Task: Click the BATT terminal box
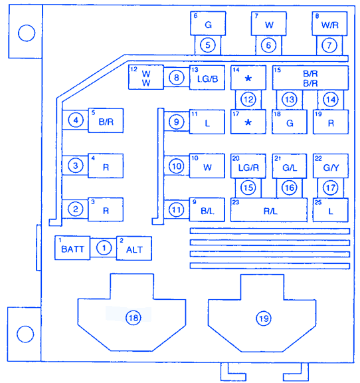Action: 72,247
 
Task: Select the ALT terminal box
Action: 134,248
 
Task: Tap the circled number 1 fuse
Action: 104,248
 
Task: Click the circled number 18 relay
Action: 134,318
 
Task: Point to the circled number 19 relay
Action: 264,319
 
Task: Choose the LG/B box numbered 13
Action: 207,78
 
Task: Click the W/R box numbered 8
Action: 329,23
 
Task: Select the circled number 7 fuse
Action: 329,45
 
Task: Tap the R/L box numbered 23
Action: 269,210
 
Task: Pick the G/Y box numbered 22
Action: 331,166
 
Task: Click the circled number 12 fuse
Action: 248,100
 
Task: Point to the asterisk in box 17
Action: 248,122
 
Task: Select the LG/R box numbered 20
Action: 248,166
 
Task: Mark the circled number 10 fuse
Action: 177,166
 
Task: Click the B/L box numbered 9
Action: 207,209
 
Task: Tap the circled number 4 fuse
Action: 76,120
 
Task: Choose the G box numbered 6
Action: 208,23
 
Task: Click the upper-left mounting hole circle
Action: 27,33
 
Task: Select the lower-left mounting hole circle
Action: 25,334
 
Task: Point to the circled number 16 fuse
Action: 290,188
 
